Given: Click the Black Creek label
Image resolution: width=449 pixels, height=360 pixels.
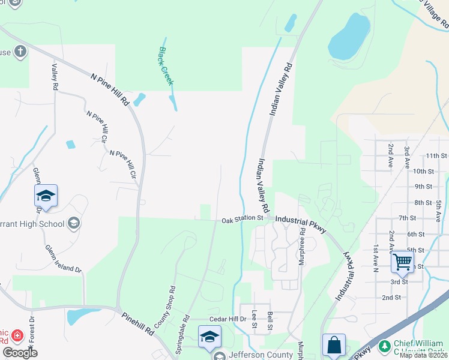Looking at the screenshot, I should [166, 66].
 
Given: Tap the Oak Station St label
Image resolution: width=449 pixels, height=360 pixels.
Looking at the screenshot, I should [243, 220].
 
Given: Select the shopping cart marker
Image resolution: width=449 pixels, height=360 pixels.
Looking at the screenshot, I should [402, 262].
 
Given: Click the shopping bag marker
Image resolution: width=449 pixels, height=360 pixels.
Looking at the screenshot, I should [334, 345].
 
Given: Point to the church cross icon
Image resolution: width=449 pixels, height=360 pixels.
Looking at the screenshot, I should [20, 51].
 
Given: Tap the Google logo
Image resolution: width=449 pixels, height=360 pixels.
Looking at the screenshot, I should [19, 353].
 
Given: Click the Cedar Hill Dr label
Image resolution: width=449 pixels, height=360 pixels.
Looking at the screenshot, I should [228, 319].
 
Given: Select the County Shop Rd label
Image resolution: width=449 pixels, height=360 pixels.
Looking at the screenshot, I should [164, 307].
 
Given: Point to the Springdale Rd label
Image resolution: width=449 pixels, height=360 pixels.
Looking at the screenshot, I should [187, 326].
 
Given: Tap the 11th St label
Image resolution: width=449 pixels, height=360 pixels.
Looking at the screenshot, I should [438, 155].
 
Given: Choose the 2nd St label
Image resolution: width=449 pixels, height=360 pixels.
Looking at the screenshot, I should [391, 297].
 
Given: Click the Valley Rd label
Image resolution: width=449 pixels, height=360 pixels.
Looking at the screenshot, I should [55, 77].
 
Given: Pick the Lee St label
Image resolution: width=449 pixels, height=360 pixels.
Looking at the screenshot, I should [255, 319].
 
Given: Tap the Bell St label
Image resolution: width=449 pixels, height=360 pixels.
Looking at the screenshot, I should [270, 320].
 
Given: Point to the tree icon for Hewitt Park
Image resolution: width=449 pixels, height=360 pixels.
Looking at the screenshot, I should [384, 346].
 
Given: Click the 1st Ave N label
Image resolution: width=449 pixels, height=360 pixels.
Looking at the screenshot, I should [376, 253].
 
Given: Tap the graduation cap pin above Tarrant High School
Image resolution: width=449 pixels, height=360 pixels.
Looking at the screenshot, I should [46, 196].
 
